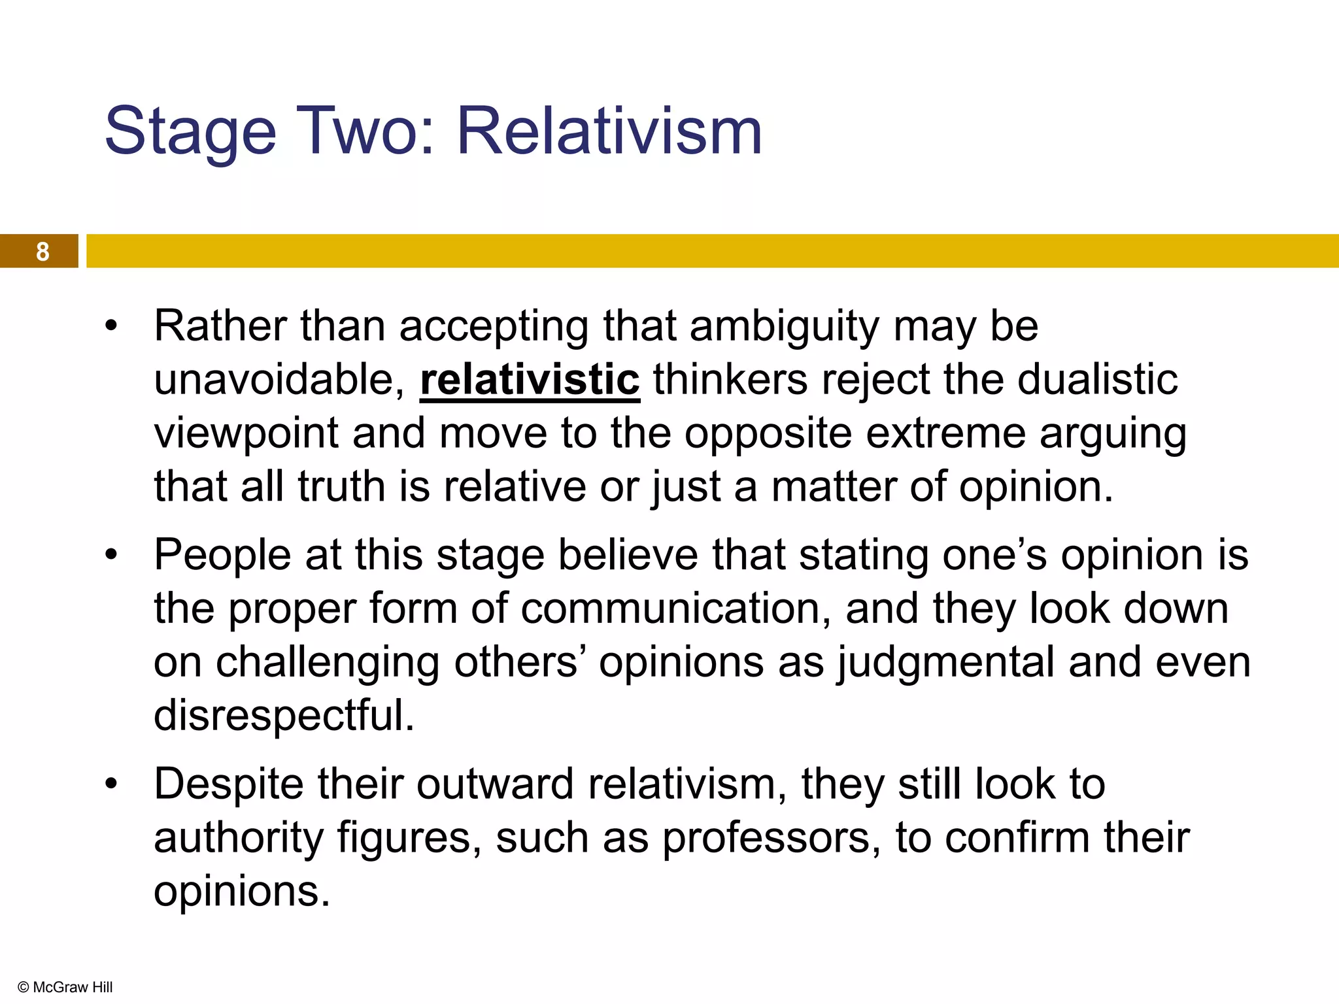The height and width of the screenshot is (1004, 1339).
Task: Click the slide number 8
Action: (x=42, y=252)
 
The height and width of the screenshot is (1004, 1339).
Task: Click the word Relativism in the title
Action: (x=609, y=132)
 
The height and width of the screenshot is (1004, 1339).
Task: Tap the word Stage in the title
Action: (x=190, y=132)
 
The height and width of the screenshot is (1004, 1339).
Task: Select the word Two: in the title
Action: (x=366, y=132)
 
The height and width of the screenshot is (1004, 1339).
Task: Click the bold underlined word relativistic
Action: (x=530, y=380)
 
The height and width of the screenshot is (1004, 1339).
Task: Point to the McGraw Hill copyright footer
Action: (x=65, y=987)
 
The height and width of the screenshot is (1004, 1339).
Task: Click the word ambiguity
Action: (x=784, y=327)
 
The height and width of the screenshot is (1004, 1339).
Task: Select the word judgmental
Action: (x=945, y=663)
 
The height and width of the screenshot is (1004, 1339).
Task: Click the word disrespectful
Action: (x=284, y=715)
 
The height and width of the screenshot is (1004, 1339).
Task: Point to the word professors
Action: (x=771, y=839)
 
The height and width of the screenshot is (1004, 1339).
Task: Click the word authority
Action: (x=238, y=839)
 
